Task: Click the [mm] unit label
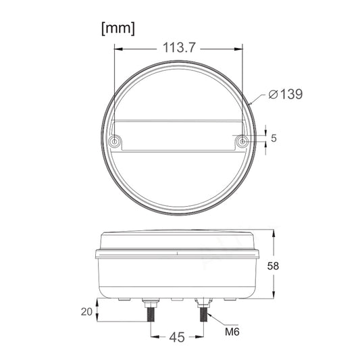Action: click(x=118, y=29)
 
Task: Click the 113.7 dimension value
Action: click(x=179, y=48)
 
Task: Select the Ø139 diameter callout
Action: click(x=286, y=94)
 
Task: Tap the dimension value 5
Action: click(x=274, y=138)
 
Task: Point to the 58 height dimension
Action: click(x=273, y=266)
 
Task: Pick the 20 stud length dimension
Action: click(x=86, y=311)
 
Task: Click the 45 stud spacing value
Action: click(x=177, y=337)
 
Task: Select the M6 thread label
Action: click(x=232, y=332)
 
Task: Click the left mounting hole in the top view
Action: click(x=114, y=141)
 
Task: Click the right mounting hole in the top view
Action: click(x=242, y=141)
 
